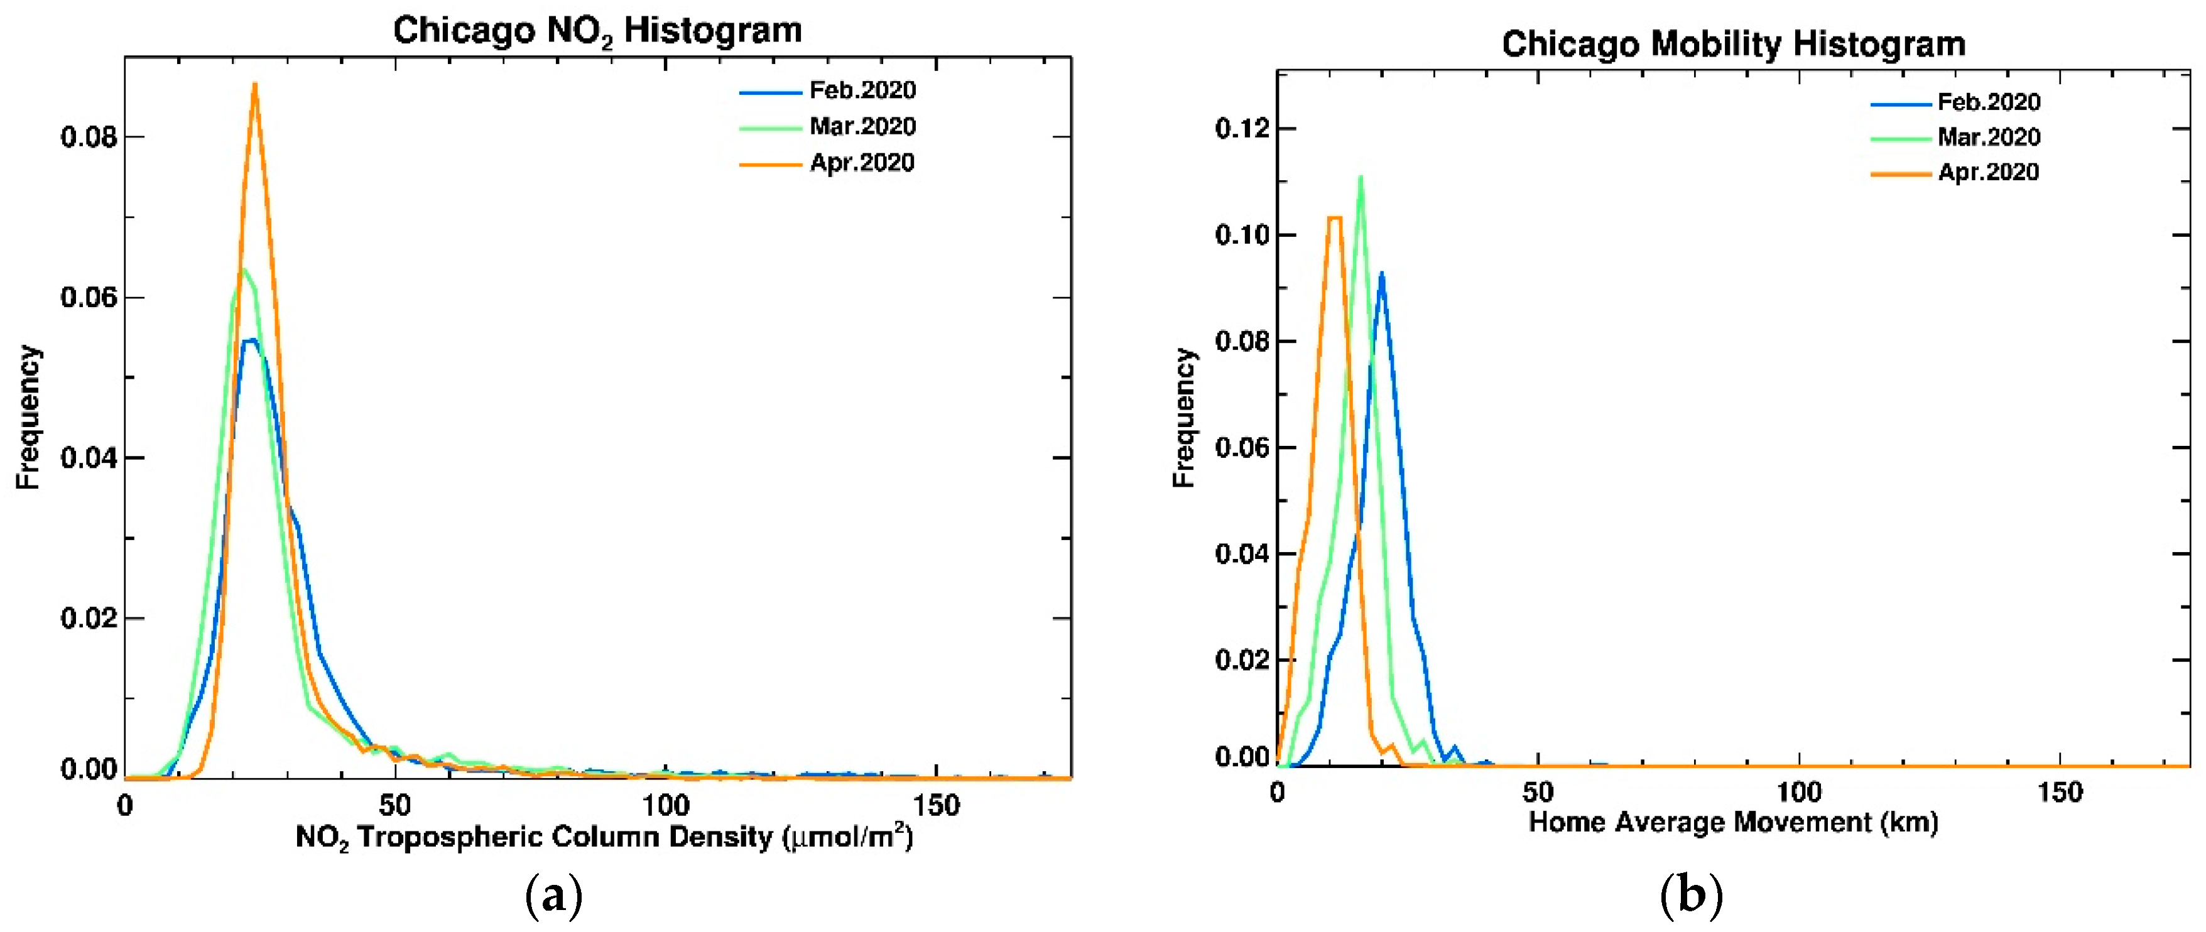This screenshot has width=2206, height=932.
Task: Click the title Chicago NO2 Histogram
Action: pyautogui.click(x=597, y=31)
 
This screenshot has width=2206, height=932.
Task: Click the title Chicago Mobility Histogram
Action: pyautogui.click(x=1732, y=45)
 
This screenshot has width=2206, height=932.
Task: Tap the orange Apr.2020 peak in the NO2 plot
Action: pyautogui.click(x=254, y=85)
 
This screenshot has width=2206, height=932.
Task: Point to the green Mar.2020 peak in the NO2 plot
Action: pyautogui.click(x=244, y=271)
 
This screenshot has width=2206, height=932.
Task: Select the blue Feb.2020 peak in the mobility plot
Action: pyautogui.click(x=1381, y=274)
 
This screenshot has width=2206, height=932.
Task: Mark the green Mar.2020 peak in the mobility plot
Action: pyautogui.click(x=1360, y=177)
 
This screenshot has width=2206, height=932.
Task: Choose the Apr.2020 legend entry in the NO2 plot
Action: pyautogui.click(x=862, y=163)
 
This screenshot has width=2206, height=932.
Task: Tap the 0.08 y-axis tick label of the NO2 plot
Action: pyautogui.click(x=88, y=137)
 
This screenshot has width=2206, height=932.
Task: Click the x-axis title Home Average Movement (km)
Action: pyautogui.click(x=1732, y=822)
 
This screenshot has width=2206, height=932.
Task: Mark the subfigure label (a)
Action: pyautogui.click(x=553, y=896)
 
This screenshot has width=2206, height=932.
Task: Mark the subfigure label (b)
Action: pyautogui.click(x=1690, y=896)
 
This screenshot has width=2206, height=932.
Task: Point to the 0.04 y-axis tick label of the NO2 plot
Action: pyautogui.click(x=88, y=458)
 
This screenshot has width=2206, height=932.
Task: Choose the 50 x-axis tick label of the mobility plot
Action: pyautogui.click(x=1538, y=793)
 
